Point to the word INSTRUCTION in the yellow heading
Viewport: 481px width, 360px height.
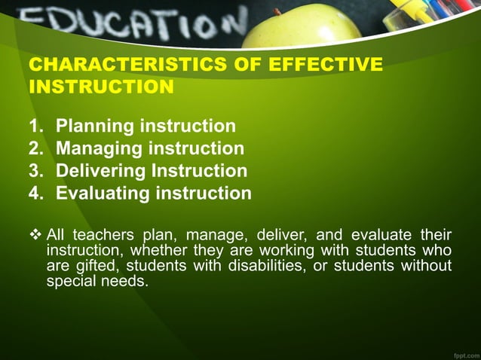click(x=101, y=87)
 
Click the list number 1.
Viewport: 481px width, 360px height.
click(x=35, y=126)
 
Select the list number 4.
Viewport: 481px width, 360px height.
click(x=35, y=194)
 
